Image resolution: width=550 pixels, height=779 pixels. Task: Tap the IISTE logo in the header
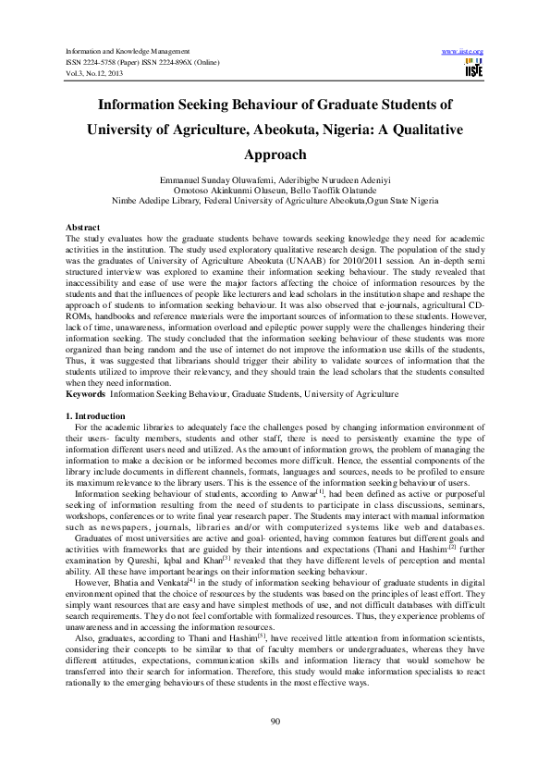pyautogui.click(x=474, y=67)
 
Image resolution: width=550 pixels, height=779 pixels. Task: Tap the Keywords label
pyautogui.click(x=85, y=393)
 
